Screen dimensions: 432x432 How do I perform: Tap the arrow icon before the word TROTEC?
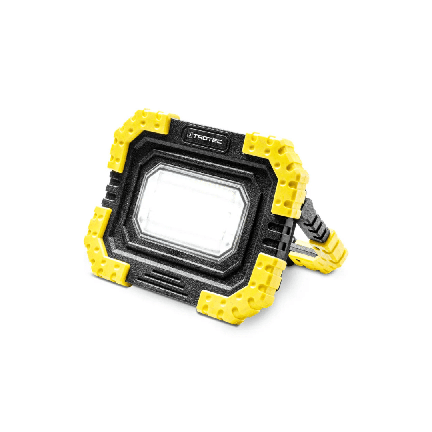coord(190,136)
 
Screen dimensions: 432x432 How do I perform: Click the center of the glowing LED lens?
coord(191,210)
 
